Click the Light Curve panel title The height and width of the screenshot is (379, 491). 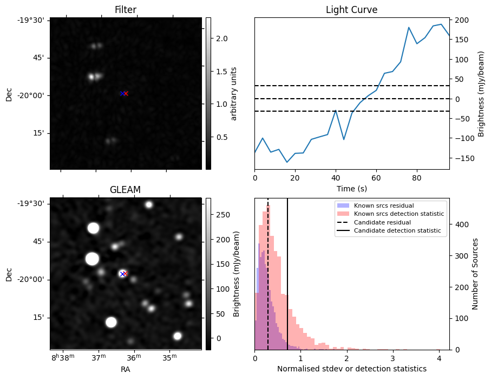point(351,10)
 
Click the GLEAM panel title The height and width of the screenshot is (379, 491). point(126,190)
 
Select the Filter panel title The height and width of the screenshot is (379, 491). point(126,10)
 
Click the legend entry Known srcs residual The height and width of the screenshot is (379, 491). point(383,205)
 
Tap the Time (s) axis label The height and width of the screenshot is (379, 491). point(351,188)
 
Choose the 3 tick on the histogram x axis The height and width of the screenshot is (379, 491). point(393,358)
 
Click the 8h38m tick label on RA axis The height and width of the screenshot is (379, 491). point(63,358)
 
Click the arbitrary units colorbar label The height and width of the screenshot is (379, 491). point(234,93)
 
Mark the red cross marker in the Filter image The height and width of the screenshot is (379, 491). point(126,93)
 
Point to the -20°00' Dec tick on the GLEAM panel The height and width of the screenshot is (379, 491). point(32,279)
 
